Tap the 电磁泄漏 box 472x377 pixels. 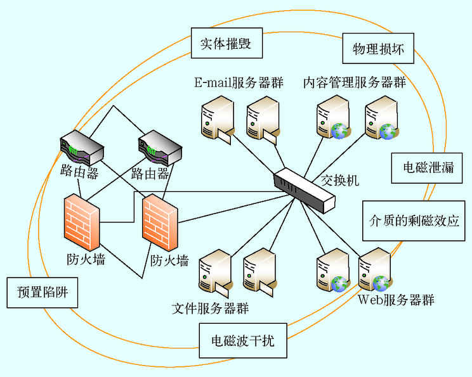(428, 167)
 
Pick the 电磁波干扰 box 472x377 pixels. (243, 341)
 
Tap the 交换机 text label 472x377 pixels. (340, 180)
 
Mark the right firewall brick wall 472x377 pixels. (159, 225)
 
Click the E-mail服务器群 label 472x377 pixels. (239, 83)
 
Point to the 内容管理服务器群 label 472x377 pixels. (354, 83)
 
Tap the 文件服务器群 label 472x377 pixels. (210, 309)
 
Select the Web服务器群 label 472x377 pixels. (397, 299)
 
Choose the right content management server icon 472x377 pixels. (381, 118)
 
